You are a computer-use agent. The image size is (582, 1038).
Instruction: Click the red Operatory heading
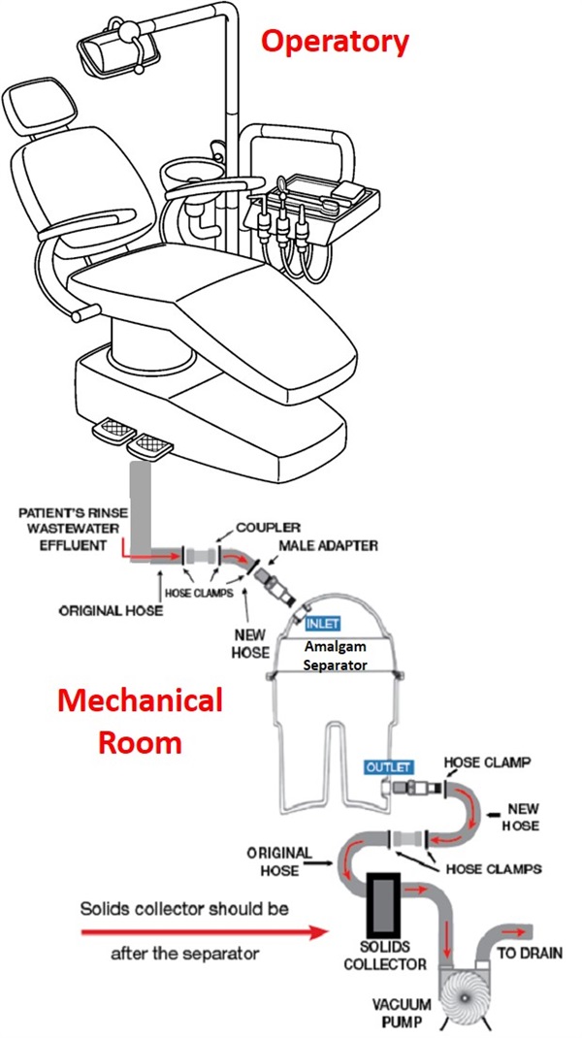[336, 42]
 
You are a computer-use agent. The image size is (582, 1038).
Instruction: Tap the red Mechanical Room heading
[138, 719]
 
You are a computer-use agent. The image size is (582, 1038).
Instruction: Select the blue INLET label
[323, 624]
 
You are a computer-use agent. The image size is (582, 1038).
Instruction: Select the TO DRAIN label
[530, 954]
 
